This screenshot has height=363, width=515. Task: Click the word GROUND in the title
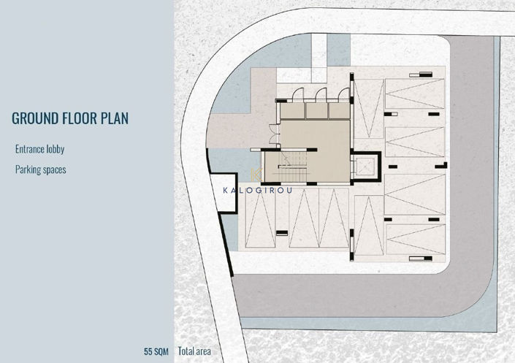tap(37, 119)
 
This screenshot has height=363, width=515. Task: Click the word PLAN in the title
tap(113, 119)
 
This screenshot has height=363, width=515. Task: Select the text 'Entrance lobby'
tap(39, 149)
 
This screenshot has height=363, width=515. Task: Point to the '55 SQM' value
tap(156, 351)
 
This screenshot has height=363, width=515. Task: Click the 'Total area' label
tap(194, 351)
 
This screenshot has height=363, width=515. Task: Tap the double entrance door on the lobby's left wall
tap(272, 134)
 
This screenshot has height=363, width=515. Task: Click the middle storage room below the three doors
tap(316, 110)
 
